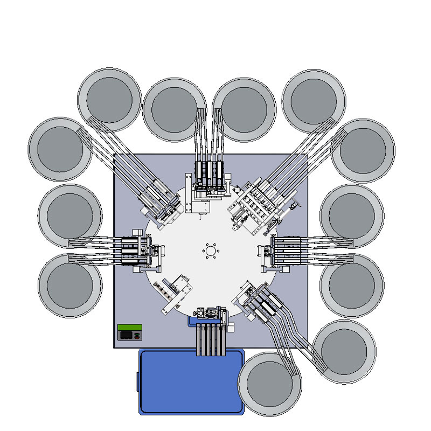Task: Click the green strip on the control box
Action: pos(130,328)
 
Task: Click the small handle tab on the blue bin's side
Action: pos(137,381)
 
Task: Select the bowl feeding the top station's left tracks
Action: pos(174,110)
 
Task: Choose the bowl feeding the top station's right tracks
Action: pos(245,110)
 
